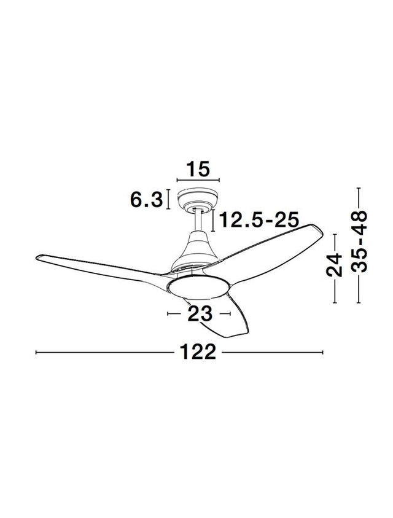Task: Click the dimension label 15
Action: (198, 169)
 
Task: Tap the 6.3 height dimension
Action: (147, 200)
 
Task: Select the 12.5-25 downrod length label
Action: (259, 219)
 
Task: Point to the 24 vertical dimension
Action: (334, 265)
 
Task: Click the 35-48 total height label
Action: (359, 241)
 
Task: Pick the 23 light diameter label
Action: (200, 313)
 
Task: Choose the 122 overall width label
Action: (198, 352)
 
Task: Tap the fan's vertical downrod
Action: (198, 219)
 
